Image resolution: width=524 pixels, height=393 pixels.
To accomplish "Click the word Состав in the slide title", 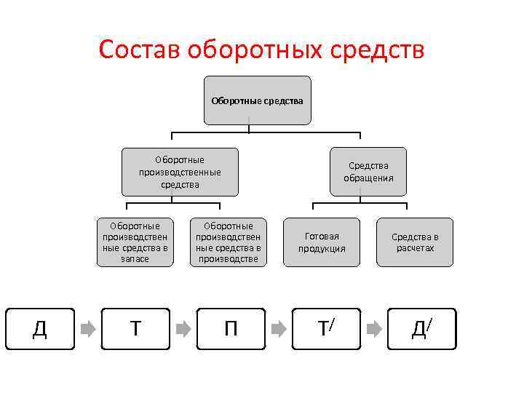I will click(x=139, y=50).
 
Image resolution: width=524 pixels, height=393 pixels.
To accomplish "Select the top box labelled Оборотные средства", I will click(x=257, y=100).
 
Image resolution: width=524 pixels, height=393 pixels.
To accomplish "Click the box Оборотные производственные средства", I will click(x=180, y=172).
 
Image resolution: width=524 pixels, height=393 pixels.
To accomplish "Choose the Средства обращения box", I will click(x=368, y=172).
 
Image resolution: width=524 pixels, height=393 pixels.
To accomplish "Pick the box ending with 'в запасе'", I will click(x=135, y=242).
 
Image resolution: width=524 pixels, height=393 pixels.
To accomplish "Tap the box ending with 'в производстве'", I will click(x=229, y=242).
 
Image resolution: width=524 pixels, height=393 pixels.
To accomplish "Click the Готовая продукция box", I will click(x=322, y=242).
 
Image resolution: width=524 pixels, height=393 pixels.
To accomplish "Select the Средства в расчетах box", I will click(x=415, y=242).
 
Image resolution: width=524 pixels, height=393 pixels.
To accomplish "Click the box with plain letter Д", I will click(x=40, y=329).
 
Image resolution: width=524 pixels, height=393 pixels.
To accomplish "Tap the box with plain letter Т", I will click(x=135, y=329).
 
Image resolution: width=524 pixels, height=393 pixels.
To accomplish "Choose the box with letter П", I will click(x=230, y=329).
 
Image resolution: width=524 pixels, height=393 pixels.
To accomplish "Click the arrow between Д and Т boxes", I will click(x=87, y=329).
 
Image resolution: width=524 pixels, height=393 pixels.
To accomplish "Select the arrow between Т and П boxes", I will click(x=183, y=329).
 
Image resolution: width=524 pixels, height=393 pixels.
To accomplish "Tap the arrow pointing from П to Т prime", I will click(x=278, y=329).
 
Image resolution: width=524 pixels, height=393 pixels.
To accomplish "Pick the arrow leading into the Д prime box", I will click(x=373, y=329).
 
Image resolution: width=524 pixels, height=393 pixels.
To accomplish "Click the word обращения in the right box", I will click(x=368, y=178).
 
